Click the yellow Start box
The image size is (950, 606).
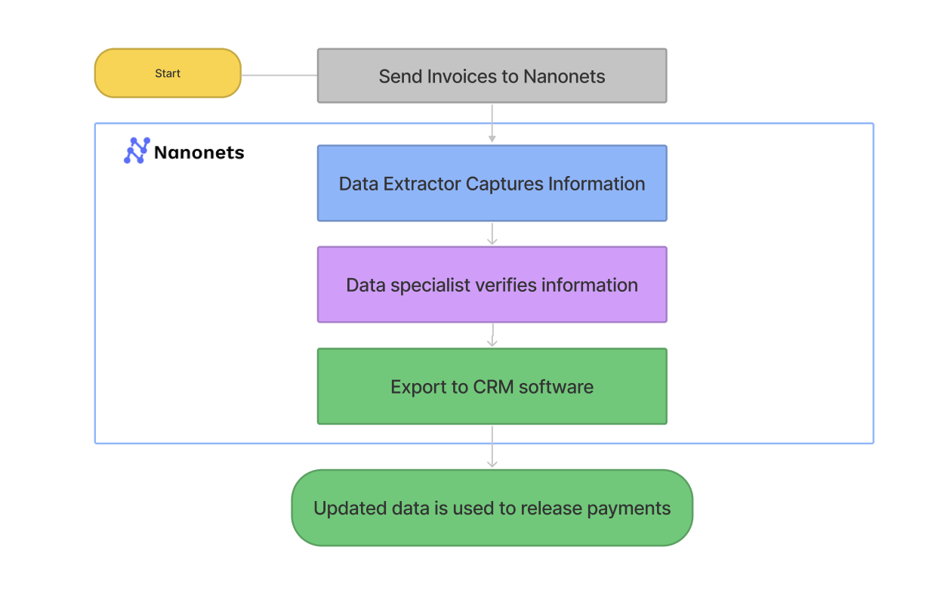click(x=167, y=73)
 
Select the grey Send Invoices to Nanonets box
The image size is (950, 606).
click(x=492, y=76)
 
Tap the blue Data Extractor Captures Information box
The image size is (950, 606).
click(x=492, y=184)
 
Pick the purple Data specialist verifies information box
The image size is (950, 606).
click(x=492, y=285)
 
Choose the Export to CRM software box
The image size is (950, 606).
click(x=492, y=386)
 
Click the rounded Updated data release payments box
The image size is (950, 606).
click(x=492, y=508)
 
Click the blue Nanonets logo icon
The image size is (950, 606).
click(x=137, y=151)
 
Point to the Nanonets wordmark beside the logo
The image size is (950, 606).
click(x=199, y=153)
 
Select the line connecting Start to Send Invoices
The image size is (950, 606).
click(x=279, y=76)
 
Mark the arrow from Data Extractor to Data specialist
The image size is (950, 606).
click(x=492, y=233)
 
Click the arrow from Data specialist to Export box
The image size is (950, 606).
click(x=492, y=335)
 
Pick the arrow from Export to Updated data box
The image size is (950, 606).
click(x=492, y=447)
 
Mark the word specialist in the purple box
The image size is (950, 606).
click(x=433, y=286)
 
